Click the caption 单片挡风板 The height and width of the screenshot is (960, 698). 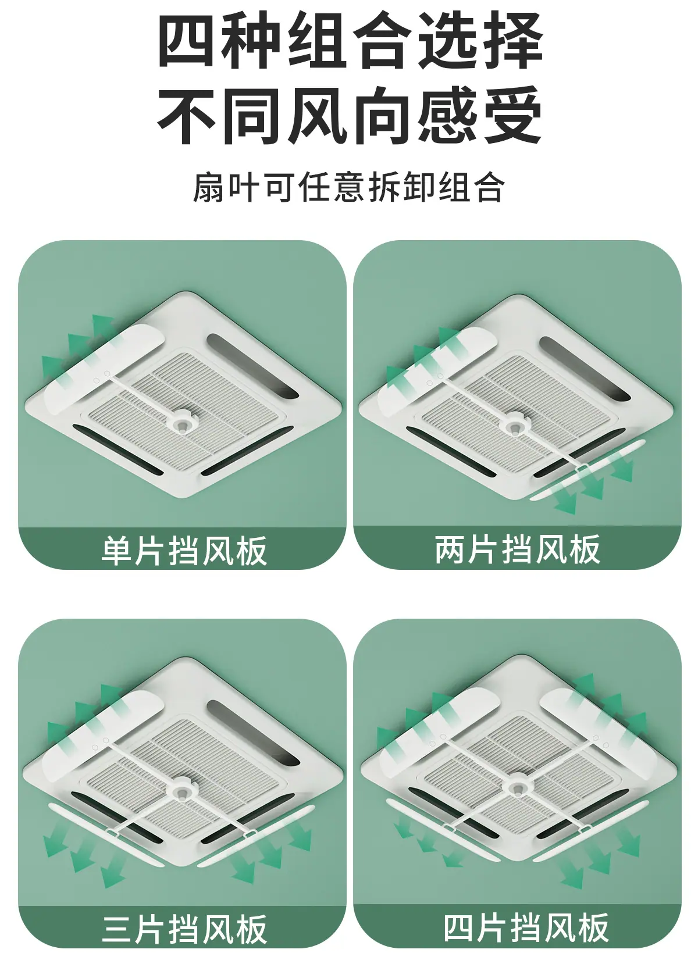pyautogui.click(x=184, y=551)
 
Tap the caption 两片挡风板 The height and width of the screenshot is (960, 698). pyautogui.click(x=518, y=549)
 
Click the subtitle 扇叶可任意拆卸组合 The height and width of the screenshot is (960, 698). pyautogui.click(x=348, y=187)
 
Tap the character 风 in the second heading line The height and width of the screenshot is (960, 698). pyautogui.click(x=317, y=115)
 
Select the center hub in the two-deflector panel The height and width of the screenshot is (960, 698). pyautogui.click(x=514, y=423)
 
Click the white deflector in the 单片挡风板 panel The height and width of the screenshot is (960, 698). pyautogui.click(x=104, y=369)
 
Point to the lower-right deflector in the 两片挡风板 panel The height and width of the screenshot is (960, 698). pyautogui.click(x=588, y=470)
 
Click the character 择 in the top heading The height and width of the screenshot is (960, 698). pyautogui.click(x=512, y=40)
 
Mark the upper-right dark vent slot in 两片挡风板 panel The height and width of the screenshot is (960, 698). pyautogui.click(x=585, y=369)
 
